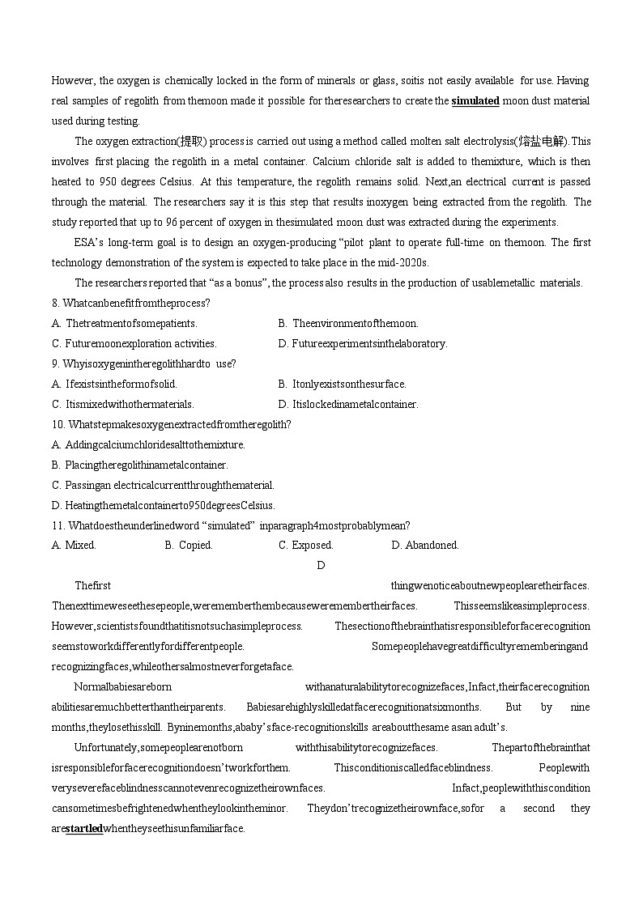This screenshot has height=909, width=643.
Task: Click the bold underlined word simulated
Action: (475, 101)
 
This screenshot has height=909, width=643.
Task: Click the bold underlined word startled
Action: (83, 829)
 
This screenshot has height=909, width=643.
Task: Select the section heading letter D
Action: (321, 566)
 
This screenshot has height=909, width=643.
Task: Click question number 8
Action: (55, 304)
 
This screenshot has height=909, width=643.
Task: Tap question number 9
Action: (55, 364)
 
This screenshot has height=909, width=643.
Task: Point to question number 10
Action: (57, 425)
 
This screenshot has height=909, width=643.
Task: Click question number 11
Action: (57, 525)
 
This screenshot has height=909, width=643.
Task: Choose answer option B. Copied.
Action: (188, 546)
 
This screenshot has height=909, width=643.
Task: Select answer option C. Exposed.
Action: (305, 546)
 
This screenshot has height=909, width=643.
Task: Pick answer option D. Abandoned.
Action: (424, 546)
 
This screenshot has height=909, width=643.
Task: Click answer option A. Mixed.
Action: (74, 546)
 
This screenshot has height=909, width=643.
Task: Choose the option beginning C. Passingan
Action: (163, 486)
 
